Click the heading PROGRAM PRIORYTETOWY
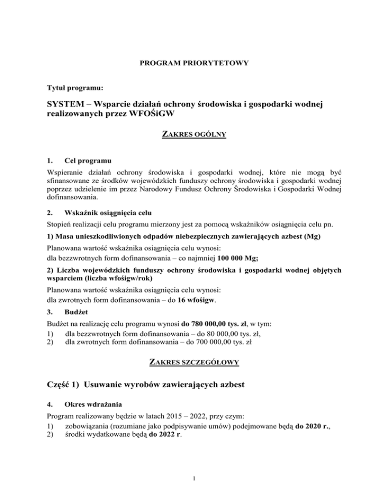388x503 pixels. pyautogui.click(x=194, y=65)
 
